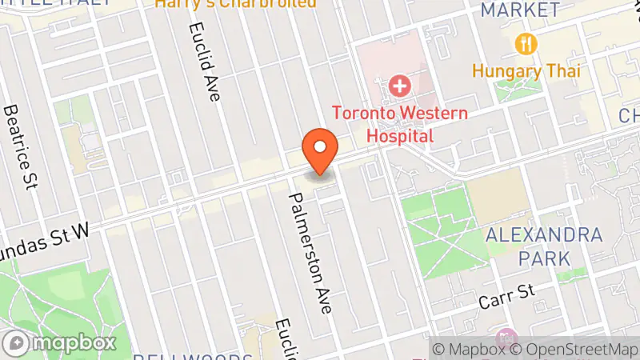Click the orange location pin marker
click(321, 150)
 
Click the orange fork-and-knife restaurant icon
click(526, 42)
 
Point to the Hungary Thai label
click(525, 70)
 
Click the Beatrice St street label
click(21, 147)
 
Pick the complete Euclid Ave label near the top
click(204, 61)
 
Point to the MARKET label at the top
click(520, 10)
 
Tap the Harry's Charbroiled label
click(236, 3)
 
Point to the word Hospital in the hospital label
click(400, 135)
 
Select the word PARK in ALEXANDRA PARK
click(544, 258)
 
